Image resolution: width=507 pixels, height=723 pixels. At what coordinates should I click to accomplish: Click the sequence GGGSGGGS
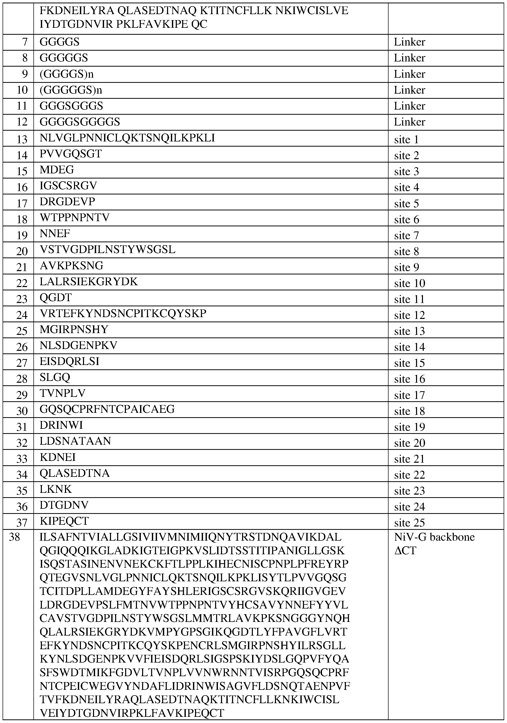pos(71,106)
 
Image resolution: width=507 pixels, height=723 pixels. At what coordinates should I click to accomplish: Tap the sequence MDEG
pos(57,170)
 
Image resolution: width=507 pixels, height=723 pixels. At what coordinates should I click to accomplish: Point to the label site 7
pos(407,235)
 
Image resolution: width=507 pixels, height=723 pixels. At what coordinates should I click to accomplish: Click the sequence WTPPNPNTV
pos(75,218)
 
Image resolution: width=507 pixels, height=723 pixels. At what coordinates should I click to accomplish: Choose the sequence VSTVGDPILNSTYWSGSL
pos(108,250)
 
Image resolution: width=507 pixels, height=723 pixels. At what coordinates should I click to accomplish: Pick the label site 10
pos(410,283)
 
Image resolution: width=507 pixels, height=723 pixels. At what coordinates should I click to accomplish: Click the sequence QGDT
pos(56,298)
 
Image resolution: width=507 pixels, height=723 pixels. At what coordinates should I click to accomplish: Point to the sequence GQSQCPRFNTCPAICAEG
pos(107,409)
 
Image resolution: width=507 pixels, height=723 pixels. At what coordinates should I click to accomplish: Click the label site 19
pos(410,427)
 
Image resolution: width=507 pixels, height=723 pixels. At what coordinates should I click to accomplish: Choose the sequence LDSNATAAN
pos(76,441)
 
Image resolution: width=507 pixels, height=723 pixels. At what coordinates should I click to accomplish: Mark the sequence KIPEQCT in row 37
pos(64,521)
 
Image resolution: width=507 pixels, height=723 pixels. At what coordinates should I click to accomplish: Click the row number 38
pos(14,537)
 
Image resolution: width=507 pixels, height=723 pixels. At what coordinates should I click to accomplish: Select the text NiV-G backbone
pos(434,537)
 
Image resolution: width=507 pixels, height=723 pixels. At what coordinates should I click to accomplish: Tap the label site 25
pos(410,523)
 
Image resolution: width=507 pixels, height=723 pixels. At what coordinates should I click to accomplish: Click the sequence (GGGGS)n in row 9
pos(67,74)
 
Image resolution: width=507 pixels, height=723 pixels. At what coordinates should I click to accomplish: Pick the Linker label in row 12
pos(410,122)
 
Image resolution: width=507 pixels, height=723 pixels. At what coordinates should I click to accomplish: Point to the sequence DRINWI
pos(61,425)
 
